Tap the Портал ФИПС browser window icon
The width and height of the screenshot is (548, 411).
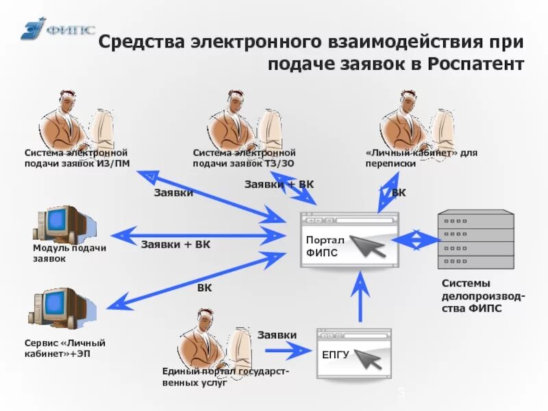pos(349,240)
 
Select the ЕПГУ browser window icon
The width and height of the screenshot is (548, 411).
pos(353,353)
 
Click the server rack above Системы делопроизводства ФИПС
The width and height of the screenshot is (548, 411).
pos(476,236)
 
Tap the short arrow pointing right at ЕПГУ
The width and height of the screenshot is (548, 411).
pos(288,351)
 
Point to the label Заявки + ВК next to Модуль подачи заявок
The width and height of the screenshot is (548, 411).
pos(175,245)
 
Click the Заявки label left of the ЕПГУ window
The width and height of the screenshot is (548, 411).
pos(277,335)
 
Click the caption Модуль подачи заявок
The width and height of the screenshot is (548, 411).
pos(69,253)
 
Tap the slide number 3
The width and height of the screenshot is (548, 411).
pos(401,393)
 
